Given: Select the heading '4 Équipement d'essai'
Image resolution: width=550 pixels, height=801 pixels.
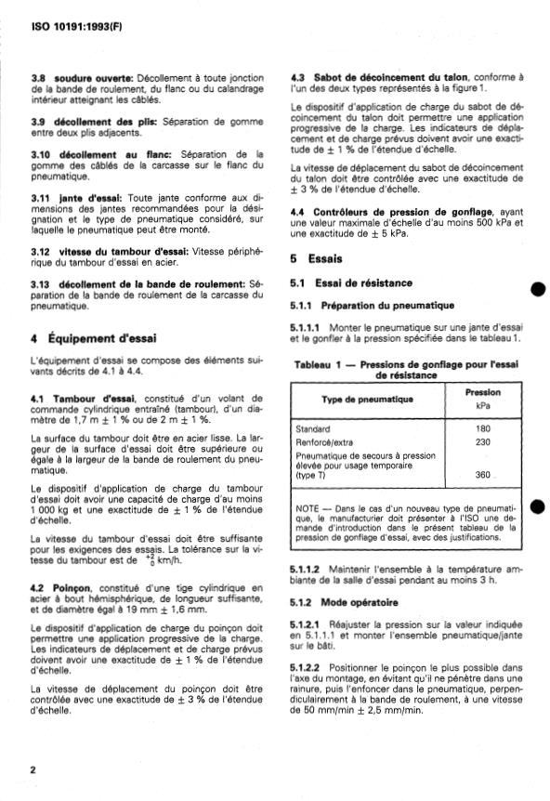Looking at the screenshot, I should pyautogui.click(x=86, y=337).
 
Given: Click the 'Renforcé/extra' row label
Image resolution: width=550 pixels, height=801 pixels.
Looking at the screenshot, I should pyautogui.click(x=324, y=442).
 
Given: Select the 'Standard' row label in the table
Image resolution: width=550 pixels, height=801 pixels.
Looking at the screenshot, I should pyautogui.click(x=311, y=428).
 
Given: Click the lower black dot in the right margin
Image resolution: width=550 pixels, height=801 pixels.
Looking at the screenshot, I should pyautogui.click(x=536, y=507).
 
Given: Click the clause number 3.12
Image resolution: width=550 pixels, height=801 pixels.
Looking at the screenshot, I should pyautogui.click(x=40, y=251).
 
